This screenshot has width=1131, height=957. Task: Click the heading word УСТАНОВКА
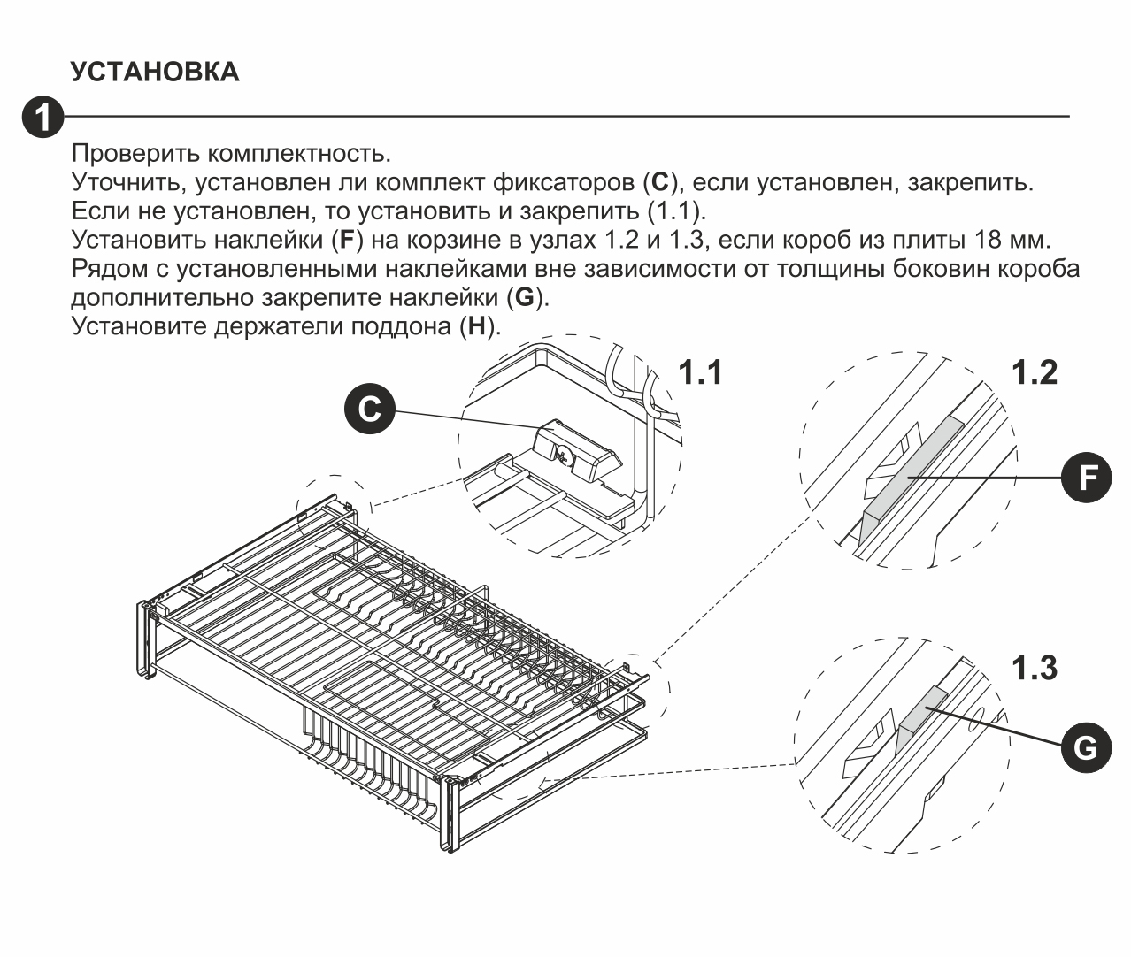pos(155,73)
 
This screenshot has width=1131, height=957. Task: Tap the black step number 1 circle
pos(43,117)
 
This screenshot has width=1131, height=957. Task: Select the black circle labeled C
pos(370,409)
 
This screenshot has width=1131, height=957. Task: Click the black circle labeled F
pos(1085,478)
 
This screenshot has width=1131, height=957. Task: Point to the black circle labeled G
pos(1085,748)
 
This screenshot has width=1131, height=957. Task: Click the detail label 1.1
pos(701,372)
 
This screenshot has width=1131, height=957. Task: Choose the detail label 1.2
pos(1035,372)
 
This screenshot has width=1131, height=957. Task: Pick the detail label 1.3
pos(1035,668)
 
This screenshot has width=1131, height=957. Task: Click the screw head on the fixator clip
pos(564,456)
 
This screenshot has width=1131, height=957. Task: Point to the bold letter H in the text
pos(477,326)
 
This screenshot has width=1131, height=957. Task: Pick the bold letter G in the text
pos(525,297)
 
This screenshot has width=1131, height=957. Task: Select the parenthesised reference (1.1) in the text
pos(674,211)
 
